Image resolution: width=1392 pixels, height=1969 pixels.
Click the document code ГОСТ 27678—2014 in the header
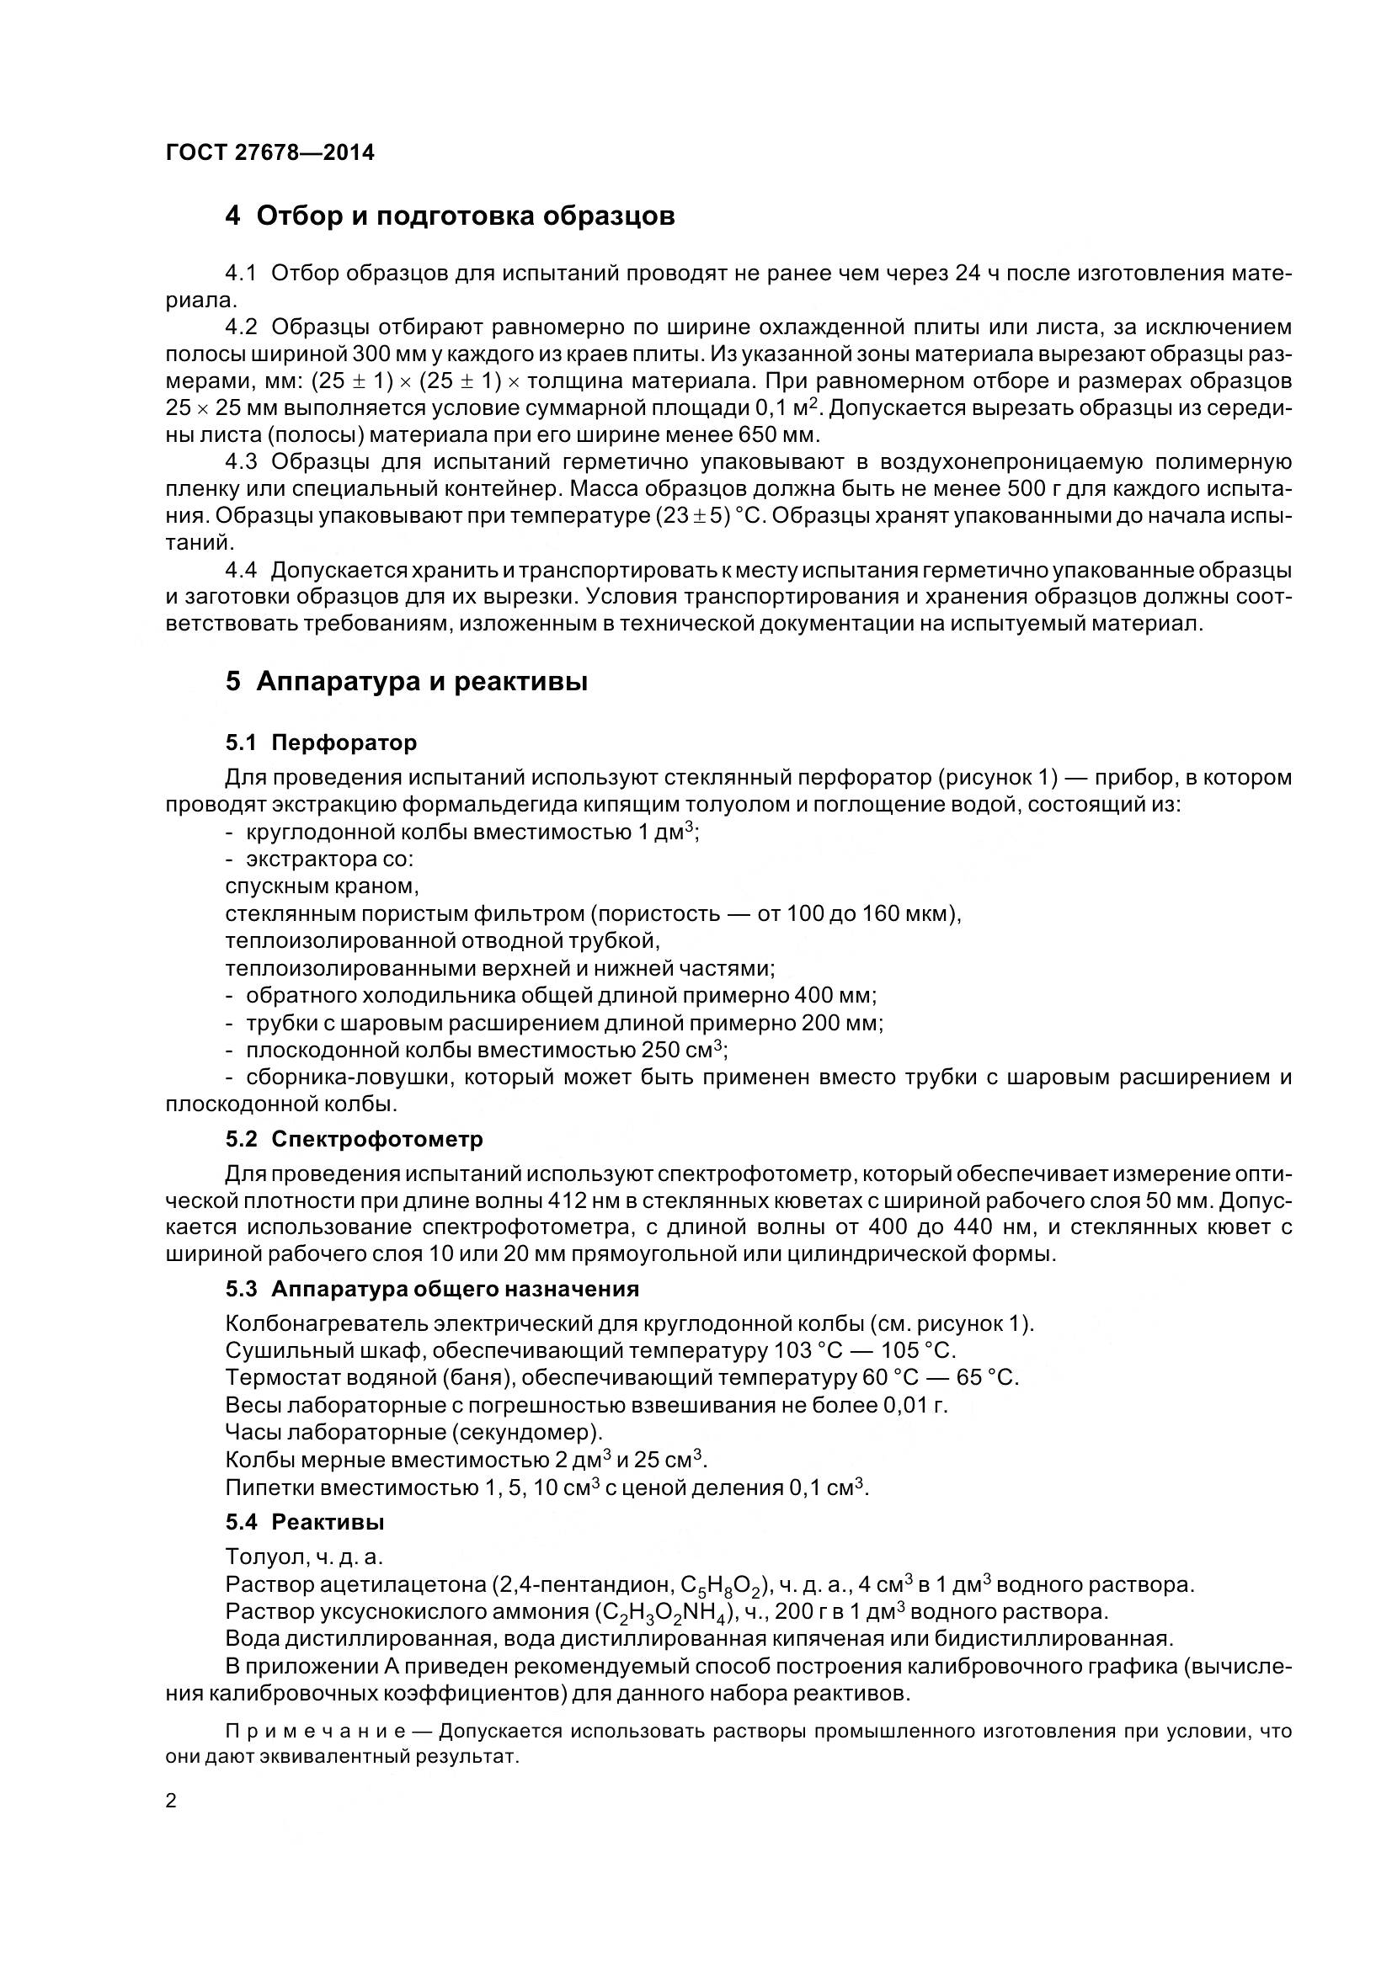click(269, 153)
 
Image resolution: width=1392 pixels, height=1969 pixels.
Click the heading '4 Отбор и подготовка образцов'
click(450, 216)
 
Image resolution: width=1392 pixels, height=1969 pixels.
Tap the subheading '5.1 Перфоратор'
click(321, 742)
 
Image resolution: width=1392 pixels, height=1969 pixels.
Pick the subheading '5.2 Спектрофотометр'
click(355, 1139)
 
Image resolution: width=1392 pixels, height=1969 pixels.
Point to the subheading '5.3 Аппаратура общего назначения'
click(432, 1289)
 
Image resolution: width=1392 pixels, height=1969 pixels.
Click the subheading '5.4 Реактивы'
click(305, 1522)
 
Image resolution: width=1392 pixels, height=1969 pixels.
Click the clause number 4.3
click(241, 462)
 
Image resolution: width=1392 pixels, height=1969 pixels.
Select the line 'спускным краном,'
click(322, 884)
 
